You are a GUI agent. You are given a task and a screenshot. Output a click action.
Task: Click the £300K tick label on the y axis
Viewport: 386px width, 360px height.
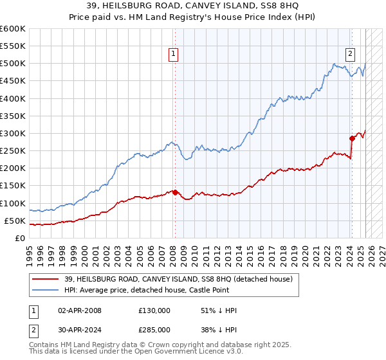coord(14,133)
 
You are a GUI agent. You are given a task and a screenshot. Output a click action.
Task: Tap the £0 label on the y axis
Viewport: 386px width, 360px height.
coord(21,238)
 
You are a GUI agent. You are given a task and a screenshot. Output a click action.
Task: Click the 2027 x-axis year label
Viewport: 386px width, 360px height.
coord(381,251)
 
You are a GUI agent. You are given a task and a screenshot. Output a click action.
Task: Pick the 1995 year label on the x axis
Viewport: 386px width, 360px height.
coord(30,251)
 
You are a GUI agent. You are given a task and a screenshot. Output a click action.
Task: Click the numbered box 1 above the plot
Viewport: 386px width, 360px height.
coord(174,55)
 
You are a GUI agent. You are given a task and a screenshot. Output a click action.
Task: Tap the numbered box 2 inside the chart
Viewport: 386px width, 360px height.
coord(351,55)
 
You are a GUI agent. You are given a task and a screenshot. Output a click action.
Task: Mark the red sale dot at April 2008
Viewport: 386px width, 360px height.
coord(175,192)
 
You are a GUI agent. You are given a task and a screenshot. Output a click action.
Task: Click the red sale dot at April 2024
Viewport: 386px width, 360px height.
coord(352,138)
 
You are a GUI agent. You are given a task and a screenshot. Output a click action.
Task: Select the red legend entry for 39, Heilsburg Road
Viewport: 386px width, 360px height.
coord(178,278)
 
